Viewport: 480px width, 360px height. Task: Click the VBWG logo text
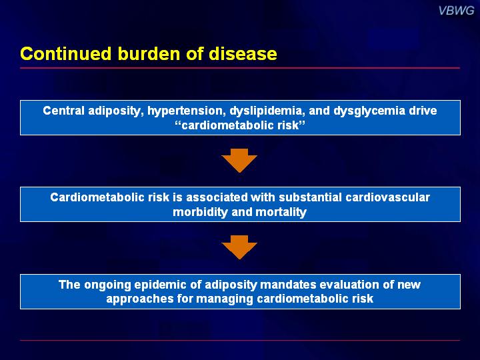click(x=456, y=11)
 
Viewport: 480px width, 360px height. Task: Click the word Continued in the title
click(x=66, y=53)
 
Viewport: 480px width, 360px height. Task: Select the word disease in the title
click(x=243, y=53)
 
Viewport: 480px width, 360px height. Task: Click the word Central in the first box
click(x=63, y=111)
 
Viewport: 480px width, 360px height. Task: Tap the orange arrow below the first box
click(x=239, y=161)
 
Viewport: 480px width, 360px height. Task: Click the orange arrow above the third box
click(x=239, y=247)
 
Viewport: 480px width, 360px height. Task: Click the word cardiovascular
click(x=387, y=197)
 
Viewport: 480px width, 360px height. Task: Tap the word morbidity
click(x=200, y=212)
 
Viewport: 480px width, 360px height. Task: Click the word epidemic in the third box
click(x=161, y=285)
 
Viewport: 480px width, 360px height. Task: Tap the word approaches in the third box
click(x=140, y=299)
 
